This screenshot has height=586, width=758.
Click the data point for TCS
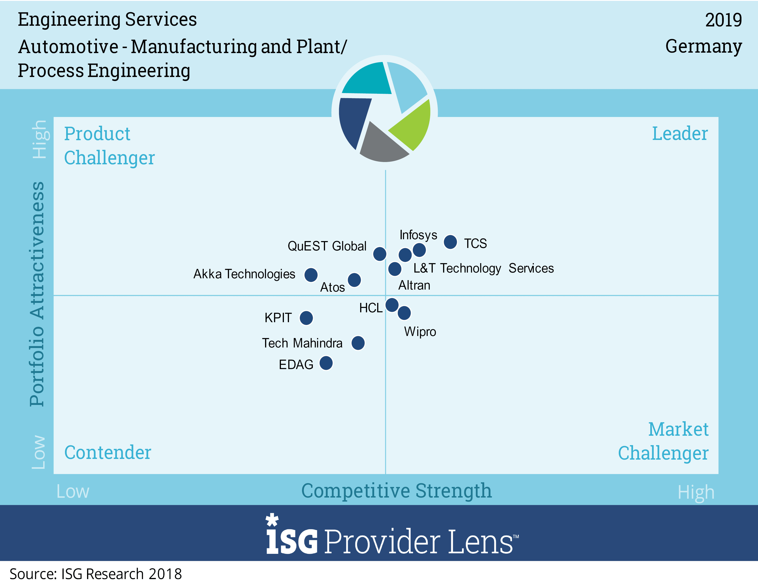[450, 242]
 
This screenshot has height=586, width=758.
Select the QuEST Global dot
[379, 254]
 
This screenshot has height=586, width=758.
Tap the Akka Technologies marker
[311, 275]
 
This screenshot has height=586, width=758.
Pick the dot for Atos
[354, 280]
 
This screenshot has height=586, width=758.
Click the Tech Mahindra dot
[358, 343]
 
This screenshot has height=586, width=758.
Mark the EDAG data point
[326, 363]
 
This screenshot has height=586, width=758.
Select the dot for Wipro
[404, 313]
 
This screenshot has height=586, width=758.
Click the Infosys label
[418, 235]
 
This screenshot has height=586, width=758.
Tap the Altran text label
[414, 285]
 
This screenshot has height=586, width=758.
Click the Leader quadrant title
[680, 134]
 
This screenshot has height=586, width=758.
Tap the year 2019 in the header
[723, 20]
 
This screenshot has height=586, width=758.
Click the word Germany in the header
[704, 46]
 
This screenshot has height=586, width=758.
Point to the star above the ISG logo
[272, 520]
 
